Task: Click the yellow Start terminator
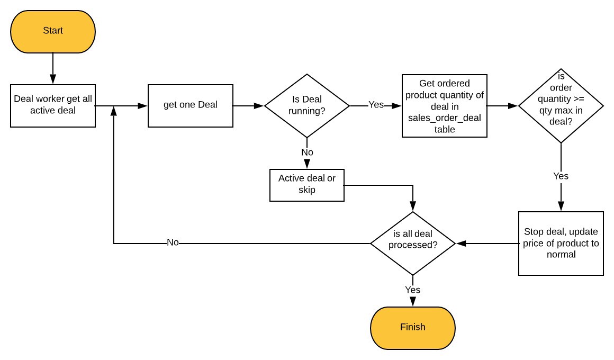(53, 32)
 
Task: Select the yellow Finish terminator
(413, 328)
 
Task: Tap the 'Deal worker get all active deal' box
(53, 105)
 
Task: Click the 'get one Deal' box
(191, 105)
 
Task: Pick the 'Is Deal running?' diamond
(307, 105)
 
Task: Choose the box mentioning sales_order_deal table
(445, 106)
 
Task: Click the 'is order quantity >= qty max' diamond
(561, 105)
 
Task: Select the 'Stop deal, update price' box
(561, 244)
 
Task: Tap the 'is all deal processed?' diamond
(413, 244)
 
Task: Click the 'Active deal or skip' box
(307, 185)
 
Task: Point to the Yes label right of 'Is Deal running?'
(376, 105)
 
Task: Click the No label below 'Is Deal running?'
(307, 152)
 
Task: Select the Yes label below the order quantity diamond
(561, 176)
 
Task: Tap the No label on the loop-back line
(173, 242)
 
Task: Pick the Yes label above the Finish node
(412, 290)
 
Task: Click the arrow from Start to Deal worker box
(53, 69)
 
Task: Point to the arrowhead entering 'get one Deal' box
(143, 106)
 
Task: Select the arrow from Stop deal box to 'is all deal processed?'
(487, 244)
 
